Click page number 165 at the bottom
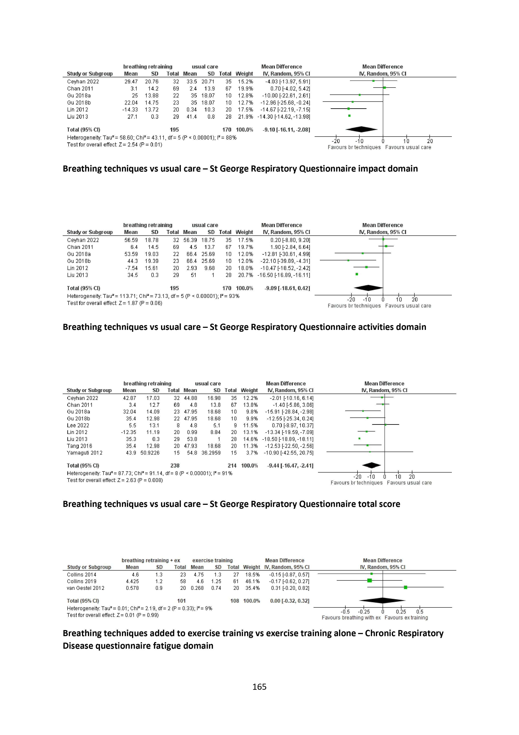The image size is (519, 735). coord(259,687)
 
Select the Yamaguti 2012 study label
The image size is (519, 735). coord(85,453)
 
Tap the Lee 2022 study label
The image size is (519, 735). coord(78,425)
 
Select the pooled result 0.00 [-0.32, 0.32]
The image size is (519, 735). coord(289,601)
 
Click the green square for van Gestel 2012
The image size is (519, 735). coord(405,587)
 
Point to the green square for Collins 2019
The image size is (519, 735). coord(369,581)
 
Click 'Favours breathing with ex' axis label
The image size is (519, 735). coord(351,617)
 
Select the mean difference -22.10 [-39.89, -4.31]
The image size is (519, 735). coord(285,261)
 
